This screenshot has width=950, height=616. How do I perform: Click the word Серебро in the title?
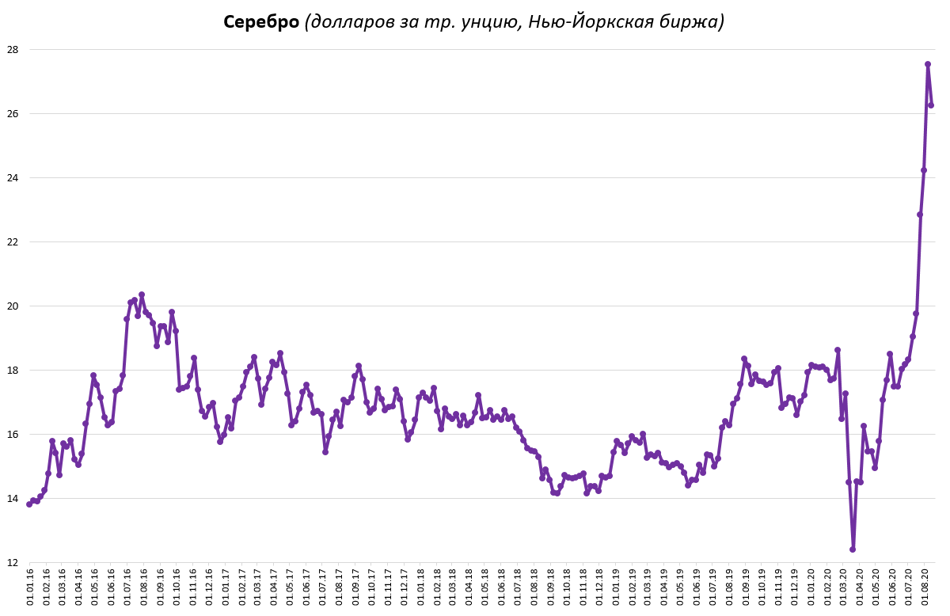coord(260,22)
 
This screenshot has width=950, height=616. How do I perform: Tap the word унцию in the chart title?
coord(484,22)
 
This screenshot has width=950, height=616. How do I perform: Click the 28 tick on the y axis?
coord(13,49)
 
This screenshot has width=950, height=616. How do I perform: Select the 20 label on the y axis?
coord(13,306)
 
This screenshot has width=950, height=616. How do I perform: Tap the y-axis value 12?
coord(13,563)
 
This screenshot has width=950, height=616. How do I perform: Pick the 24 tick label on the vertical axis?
coord(13,178)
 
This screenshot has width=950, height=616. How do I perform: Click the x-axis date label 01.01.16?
coord(30,587)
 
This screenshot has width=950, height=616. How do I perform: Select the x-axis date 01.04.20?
coord(861,587)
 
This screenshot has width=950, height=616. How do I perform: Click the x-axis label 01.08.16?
coord(144,587)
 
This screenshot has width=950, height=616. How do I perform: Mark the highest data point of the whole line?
coord(928,64)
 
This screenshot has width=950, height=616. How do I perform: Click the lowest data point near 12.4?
coord(853,549)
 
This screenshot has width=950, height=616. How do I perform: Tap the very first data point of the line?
coord(29,504)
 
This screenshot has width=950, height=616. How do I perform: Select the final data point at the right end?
coord(932,105)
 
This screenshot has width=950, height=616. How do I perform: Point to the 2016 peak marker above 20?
coord(142,295)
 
